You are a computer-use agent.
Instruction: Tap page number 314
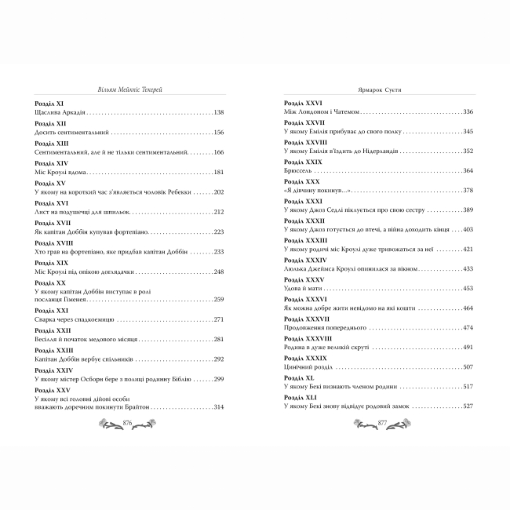click(x=219, y=406)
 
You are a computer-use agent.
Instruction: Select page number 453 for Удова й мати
click(x=468, y=289)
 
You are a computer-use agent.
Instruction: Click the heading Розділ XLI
click(x=303, y=398)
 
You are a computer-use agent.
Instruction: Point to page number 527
click(x=468, y=406)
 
